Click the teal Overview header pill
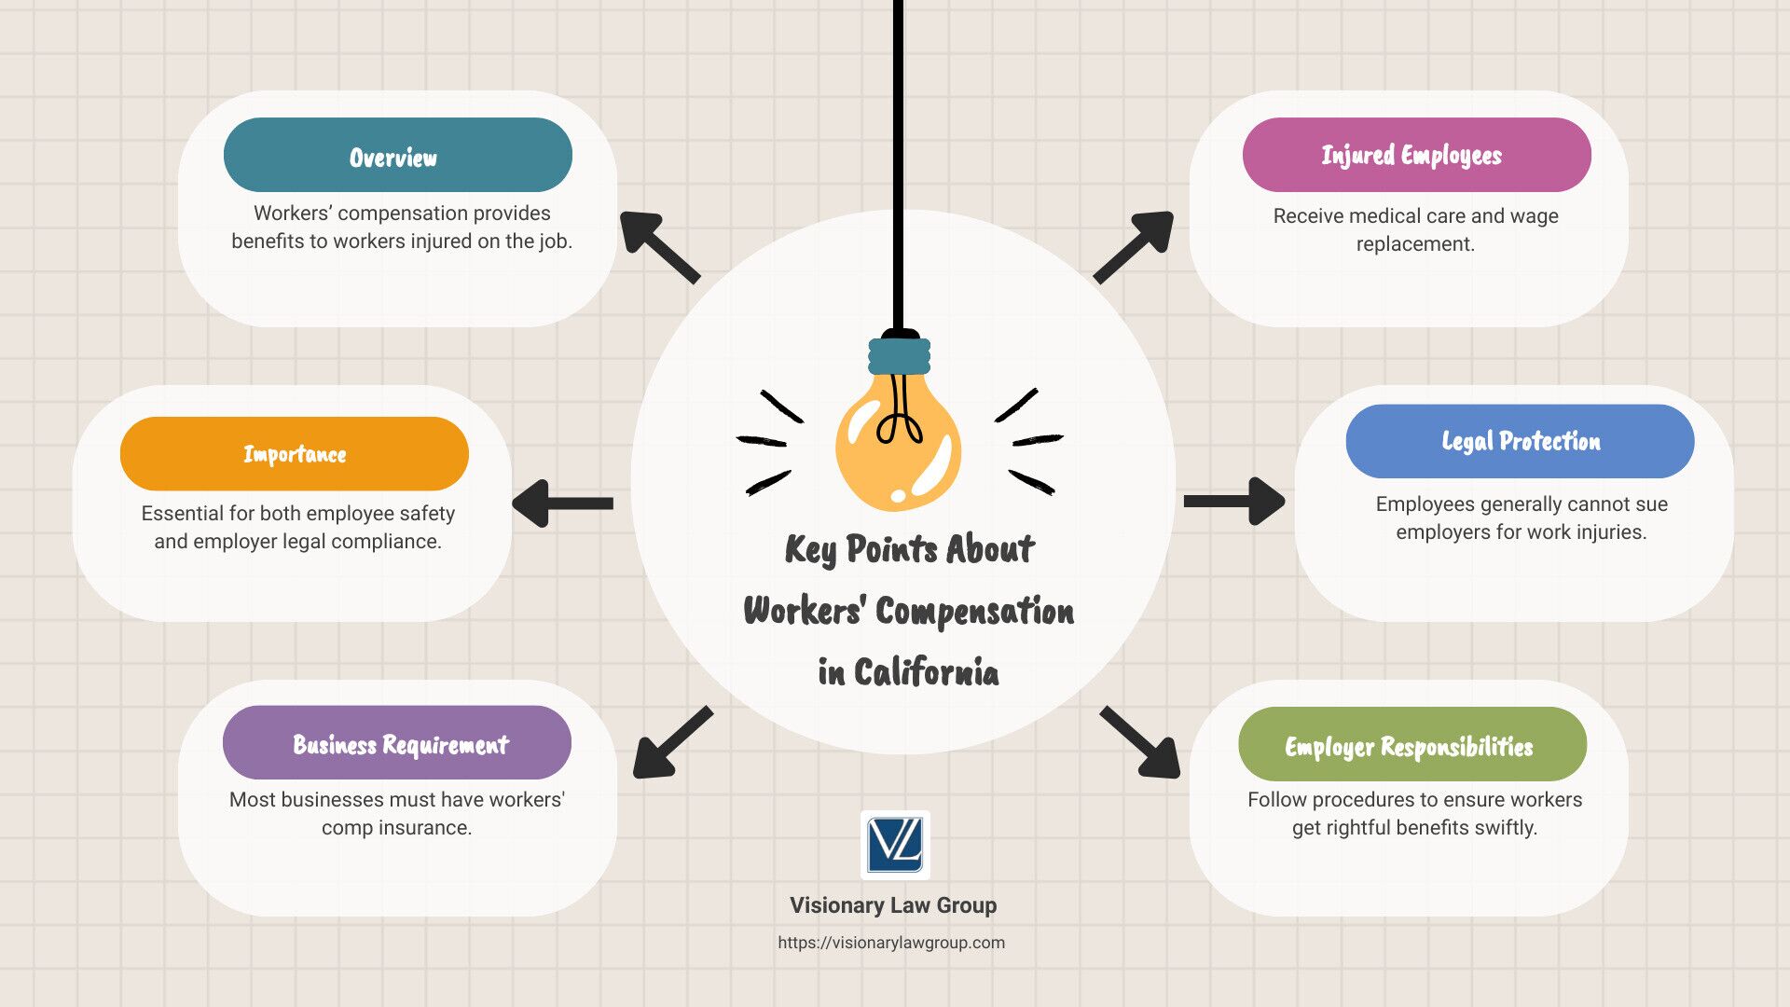[397, 155]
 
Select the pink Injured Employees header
[1416, 155]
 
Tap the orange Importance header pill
[295, 453]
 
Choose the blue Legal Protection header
[1520, 441]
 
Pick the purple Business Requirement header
[397, 742]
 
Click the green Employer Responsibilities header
[1412, 744]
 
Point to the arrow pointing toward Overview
[659, 246]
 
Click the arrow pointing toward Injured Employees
[1134, 246]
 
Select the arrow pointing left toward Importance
[562, 503]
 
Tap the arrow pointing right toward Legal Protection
[1234, 502]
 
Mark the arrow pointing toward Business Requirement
[673, 741]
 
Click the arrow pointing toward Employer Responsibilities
[1140, 741]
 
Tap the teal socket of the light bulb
[900, 355]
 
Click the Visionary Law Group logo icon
[895, 845]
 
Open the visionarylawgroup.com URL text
[891, 943]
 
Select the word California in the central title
[926, 671]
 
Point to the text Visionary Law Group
[893, 905]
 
